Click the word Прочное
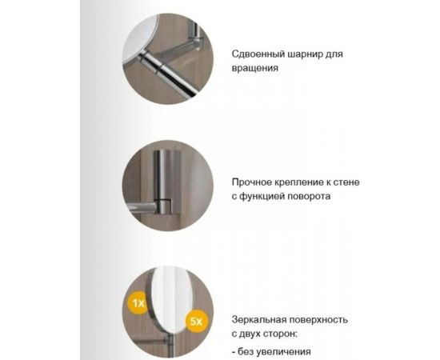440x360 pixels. coord(251,182)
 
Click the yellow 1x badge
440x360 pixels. coord(138,304)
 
